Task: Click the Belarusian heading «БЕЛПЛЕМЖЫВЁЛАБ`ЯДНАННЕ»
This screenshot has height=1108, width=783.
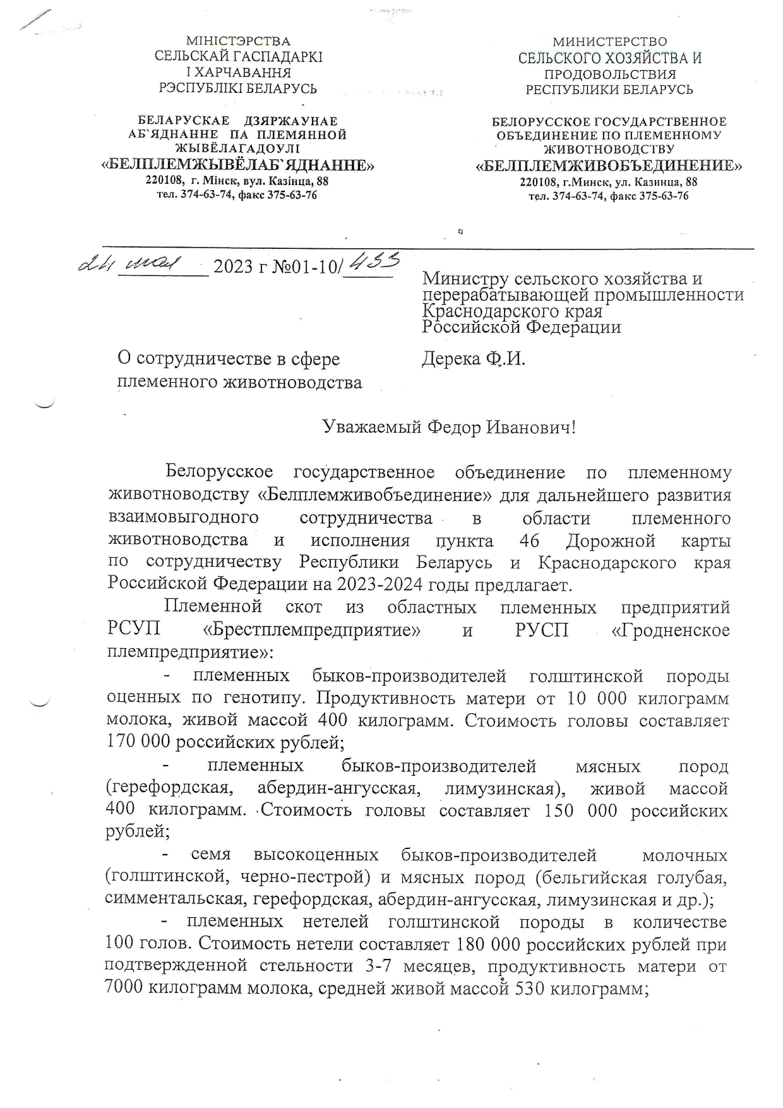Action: [237, 166]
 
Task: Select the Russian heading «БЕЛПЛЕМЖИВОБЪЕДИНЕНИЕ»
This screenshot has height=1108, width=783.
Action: [609, 166]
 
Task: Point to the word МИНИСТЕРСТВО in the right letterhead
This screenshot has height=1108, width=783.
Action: [609, 42]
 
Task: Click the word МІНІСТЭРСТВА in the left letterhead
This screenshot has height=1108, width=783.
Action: [238, 42]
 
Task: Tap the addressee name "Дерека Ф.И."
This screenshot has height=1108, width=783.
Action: [473, 359]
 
